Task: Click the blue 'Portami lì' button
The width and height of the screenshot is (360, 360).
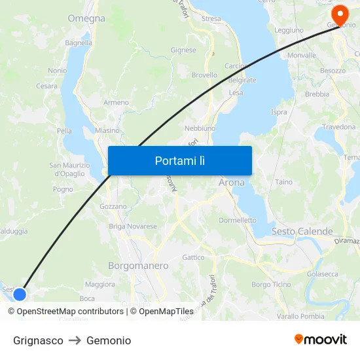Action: click(179, 160)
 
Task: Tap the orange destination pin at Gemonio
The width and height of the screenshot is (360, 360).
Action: click(340, 14)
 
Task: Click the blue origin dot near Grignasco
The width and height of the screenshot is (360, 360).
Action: click(20, 294)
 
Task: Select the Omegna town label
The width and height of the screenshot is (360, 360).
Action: click(86, 18)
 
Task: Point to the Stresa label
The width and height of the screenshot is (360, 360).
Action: click(211, 19)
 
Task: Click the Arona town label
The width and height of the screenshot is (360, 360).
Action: click(231, 183)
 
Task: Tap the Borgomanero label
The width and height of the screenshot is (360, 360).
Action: click(138, 266)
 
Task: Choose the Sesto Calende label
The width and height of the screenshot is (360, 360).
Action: click(302, 232)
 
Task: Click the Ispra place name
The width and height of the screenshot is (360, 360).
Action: click(279, 112)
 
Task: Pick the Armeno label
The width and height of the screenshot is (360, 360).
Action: click(116, 103)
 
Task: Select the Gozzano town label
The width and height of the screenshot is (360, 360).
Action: click(113, 206)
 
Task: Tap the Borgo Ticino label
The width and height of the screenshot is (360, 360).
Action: click(271, 285)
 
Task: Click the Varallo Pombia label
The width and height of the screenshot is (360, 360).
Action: click(300, 316)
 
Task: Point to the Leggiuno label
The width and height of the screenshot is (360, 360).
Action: click(289, 30)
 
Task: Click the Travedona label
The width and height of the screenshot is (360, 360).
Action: click(338, 127)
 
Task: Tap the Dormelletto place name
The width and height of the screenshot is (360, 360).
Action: click(238, 221)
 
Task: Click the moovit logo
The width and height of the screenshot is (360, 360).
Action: click(321, 340)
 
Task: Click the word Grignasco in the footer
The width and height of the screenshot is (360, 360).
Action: click(38, 340)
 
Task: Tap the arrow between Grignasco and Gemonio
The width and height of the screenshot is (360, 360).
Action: click(75, 340)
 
